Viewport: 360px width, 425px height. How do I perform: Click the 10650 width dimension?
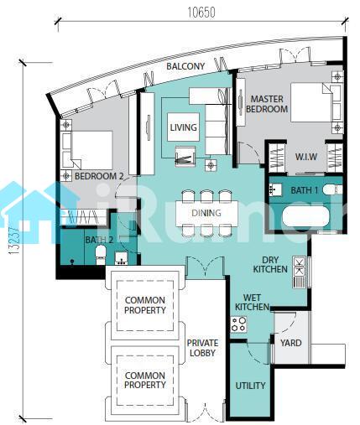[x=201, y=13]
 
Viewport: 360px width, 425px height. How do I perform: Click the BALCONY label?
[x=185, y=66]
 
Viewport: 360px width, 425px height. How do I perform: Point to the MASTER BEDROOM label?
[x=267, y=104]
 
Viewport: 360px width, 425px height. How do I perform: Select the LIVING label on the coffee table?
[x=184, y=127]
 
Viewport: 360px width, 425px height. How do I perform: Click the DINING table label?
[x=206, y=213]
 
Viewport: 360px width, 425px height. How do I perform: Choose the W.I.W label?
[x=306, y=157]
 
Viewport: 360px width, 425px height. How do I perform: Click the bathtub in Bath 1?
[x=306, y=217]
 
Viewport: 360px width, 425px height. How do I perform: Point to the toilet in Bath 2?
[x=101, y=254]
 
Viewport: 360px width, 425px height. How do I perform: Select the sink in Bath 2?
[x=122, y=258]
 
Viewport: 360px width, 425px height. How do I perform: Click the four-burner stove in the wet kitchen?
[x=238, y=324]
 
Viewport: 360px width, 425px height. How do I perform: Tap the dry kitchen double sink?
[x=300, y=267]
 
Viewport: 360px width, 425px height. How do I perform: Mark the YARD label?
[x=291, y=343]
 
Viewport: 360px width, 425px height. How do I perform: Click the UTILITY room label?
[x=250, y=386]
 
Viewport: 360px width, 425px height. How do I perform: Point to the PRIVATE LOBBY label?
[x=202, y=348]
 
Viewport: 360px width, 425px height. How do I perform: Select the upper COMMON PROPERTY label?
[x=145, y=305]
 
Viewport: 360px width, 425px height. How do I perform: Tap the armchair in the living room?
[x=185, y=156]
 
